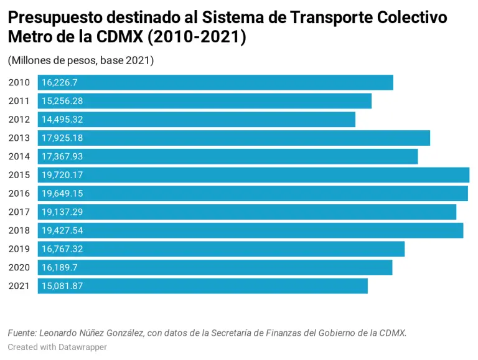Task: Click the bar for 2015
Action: [253, 175]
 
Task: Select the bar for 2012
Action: [196, 120]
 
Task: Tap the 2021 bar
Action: [202, 286]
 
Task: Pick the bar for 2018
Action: [250, 230]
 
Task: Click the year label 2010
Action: [19, 82]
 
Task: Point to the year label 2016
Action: [19, 194]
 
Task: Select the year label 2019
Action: [19, 249]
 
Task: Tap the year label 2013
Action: [19, 138]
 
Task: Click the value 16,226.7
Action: [59, 82]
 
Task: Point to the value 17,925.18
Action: [62, 138]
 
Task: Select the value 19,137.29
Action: [62, 212]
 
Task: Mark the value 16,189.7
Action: [59, 268]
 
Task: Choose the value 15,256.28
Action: [62, 101]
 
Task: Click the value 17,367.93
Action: [62, 156]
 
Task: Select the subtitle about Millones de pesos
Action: [81, 60]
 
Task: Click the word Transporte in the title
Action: [332, 18]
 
